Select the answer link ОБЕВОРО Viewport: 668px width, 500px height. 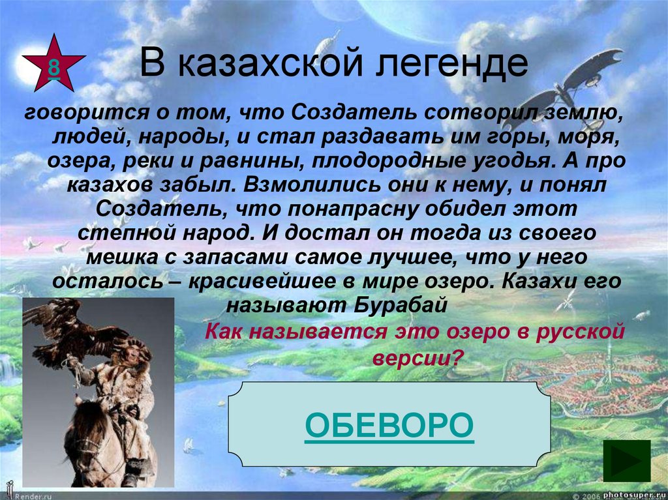389,424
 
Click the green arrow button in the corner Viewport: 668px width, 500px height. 626,460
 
